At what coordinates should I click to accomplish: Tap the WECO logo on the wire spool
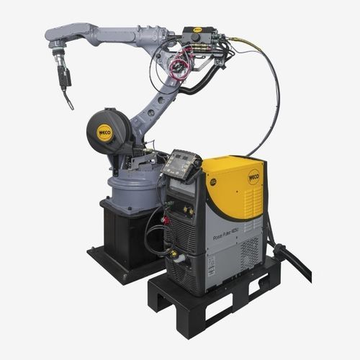point(104,133)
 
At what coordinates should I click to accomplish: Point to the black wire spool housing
point(108,133)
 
